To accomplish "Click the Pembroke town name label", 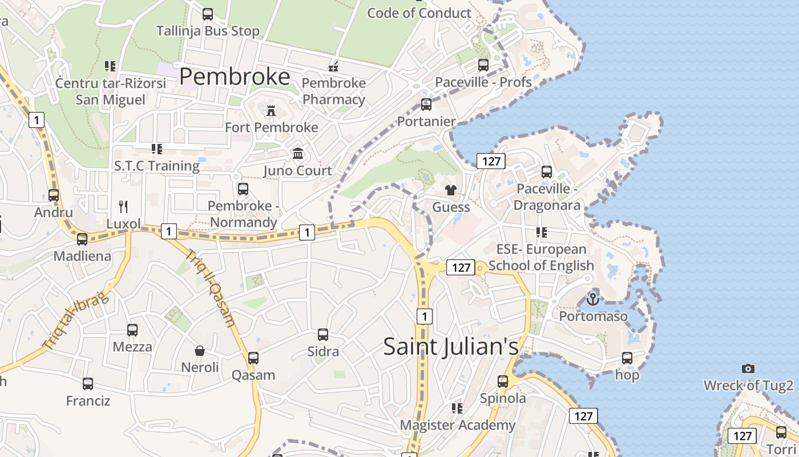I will tap(235, 77).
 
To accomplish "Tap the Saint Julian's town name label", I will tap(451, 346).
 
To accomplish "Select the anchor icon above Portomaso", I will tap(593, 299).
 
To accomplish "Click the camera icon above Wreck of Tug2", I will tap(748, 369).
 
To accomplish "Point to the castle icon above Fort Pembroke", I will tap(271, 111).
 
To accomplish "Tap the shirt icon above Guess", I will tap(451, 190).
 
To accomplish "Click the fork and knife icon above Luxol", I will tap(123, 206).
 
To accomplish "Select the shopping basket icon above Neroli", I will tap(200, 350).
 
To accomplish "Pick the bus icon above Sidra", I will tap(323, 335).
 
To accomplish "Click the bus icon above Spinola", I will tap(503, 381).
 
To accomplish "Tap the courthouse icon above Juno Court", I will tap(298, 153).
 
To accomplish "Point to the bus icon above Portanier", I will tap(426, 105).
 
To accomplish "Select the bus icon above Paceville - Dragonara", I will tap(547, 171).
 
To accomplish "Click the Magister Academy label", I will tap(457, 425).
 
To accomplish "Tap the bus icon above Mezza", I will tap(132, 330).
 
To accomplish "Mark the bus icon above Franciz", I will tap(88, 384).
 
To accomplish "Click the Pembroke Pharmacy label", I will tap(334, 91).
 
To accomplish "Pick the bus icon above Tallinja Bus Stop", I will tap(208, 14).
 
